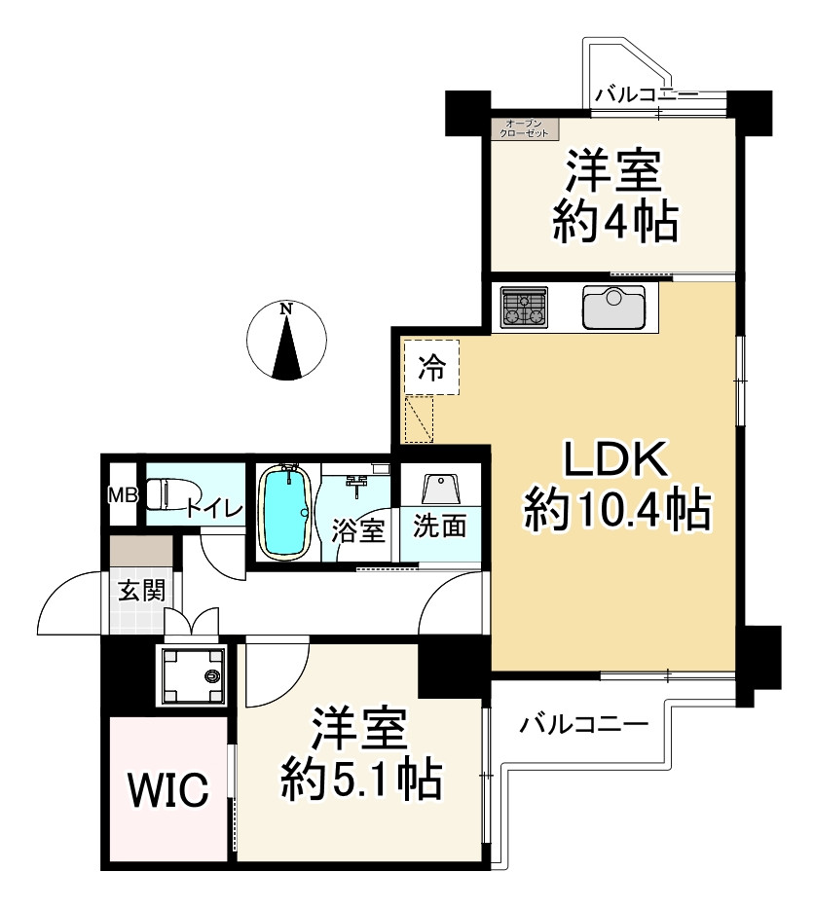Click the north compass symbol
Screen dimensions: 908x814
point(285,342)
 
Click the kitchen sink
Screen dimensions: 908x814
point(613,309)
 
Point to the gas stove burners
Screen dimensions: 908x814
point(526,309)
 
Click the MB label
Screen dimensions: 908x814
point(122,495)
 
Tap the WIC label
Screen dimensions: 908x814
point(170,790)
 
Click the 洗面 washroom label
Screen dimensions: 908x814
point(440,527)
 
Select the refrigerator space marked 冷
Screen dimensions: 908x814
point(430,368)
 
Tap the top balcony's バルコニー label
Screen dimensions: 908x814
point(647,94)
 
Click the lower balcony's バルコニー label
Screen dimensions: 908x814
point(583,725)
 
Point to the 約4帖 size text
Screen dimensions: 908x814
point(614,224)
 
